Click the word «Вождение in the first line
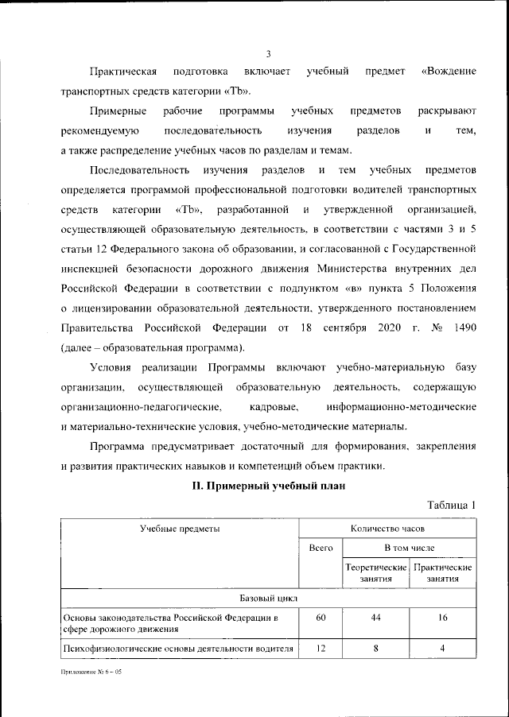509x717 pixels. pyautogui.click(x=447, y=72)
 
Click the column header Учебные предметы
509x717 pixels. pyautogui.click(x=180, y=528)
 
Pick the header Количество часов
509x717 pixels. pyautogui.click(x=387, y=528)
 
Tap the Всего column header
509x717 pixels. pyautogui.click(x=320, y=548)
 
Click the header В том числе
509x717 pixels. pyautogui.click(x=410, y=548)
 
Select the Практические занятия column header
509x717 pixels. pyautogui.click(x=443, y=574)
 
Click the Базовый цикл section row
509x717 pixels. pyautogui.click(x=269, y=598)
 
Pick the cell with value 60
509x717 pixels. pyautogui.click(x=320, y=618)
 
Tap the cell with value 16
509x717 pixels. pyautogui.click(x=443, y=618)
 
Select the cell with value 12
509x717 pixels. pyautogui.click(x=320, y=649)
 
